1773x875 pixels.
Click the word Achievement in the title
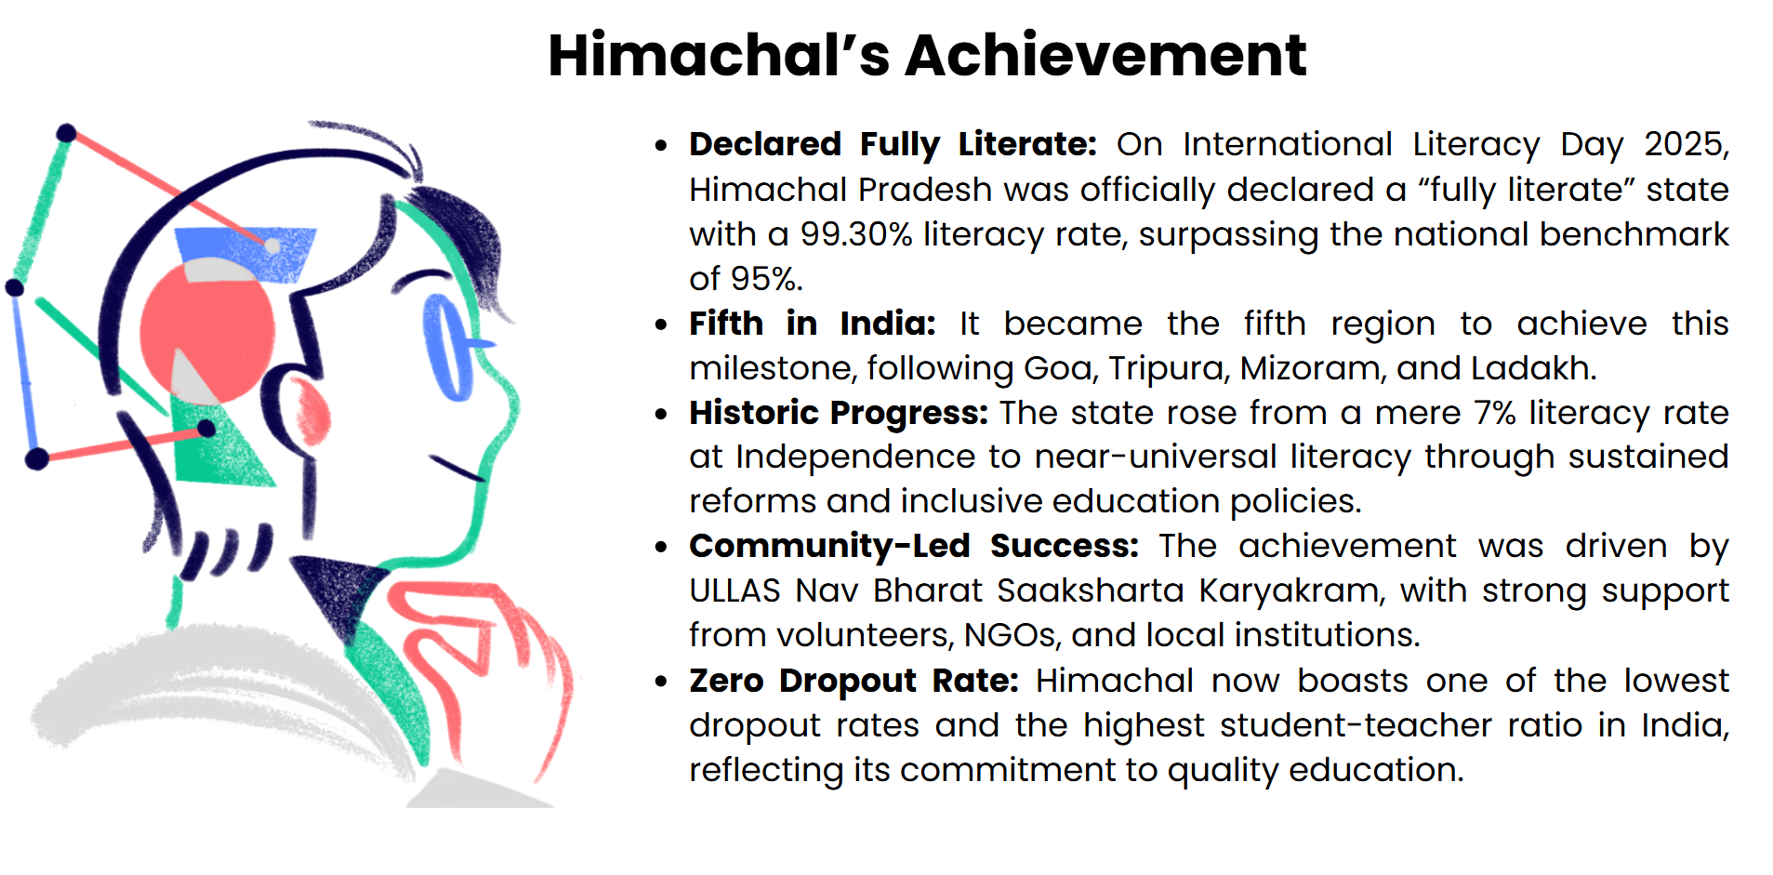click(1105, 55)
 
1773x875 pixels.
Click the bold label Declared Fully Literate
click(893, 145)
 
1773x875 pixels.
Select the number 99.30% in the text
click(856, 234)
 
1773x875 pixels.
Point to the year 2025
click(1685, 145)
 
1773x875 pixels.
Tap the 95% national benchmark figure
click(765, 279)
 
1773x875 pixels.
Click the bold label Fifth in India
click(812, 324)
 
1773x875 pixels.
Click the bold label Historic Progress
click(838, 413)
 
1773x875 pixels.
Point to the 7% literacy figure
click(1495, 413)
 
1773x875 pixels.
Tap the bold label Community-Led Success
click(913, 546)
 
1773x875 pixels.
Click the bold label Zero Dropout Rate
click(853, 681)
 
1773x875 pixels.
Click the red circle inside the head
click(206, 331)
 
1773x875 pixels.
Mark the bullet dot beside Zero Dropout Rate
click(661, 682)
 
